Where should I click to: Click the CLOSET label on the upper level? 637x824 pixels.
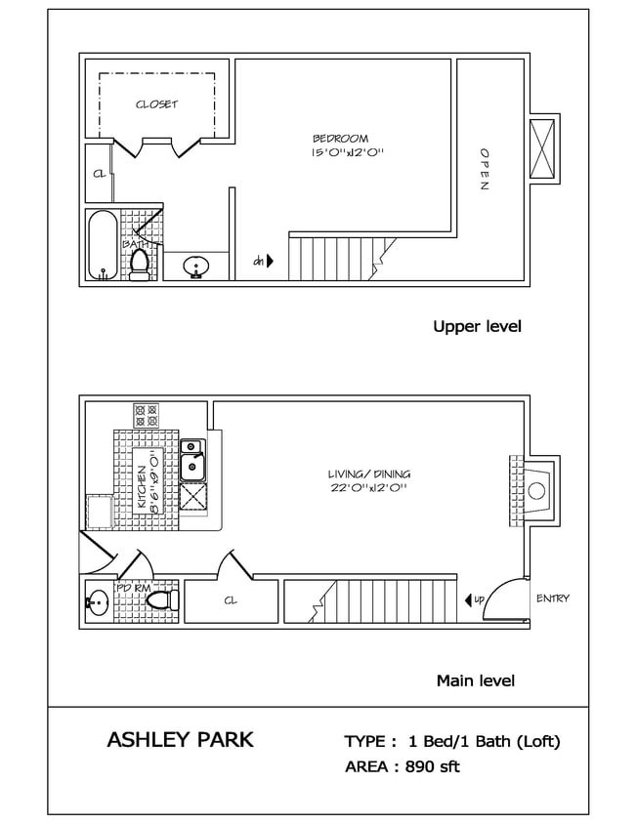point(156,104)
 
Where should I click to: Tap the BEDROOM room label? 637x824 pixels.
point(347,138)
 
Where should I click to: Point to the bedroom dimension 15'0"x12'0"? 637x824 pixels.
point(347,152)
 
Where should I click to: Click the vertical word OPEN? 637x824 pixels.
point(484,170)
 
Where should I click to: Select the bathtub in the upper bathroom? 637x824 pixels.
point(100,245)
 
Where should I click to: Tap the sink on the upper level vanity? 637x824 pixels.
point(195,266)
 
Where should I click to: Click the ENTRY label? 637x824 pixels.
point(552,598)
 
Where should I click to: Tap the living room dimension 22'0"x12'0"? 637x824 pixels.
point(365,488)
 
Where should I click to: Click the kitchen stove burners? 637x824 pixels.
point(146,416)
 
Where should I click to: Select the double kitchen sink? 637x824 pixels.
point(192,458)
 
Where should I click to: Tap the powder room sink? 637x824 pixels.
point(96,602)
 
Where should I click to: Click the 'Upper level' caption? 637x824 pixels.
point(477,326)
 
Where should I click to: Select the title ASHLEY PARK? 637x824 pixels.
point(179,740)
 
